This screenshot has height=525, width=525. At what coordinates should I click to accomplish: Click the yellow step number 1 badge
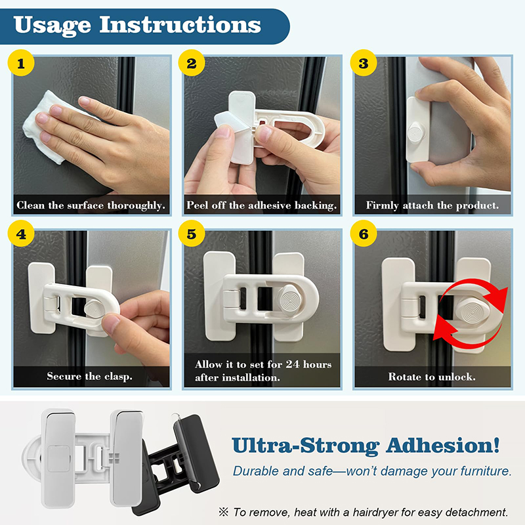pos(22,64)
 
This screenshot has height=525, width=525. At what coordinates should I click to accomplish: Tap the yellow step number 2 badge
pos(192,64)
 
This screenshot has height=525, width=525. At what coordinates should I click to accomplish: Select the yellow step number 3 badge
pos(363,64)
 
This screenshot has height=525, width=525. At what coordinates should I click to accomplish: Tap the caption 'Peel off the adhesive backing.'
pos(262,205)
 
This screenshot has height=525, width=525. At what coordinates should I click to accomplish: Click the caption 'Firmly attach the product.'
pos(432,205)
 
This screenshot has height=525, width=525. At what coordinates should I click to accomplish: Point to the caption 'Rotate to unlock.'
pos(432,377)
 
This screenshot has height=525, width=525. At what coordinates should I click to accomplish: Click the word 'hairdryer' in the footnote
pos(369,512)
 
